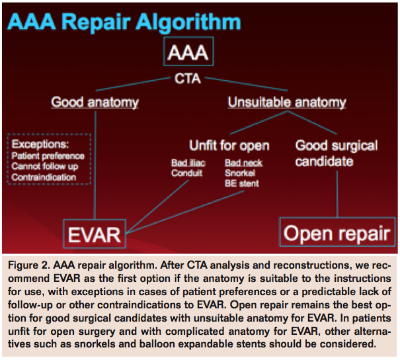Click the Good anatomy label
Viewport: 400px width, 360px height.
pos(95,103)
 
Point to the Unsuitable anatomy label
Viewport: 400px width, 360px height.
pos(286,103)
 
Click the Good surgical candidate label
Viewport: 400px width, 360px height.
pos(336,153)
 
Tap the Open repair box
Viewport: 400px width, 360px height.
pos(336,233)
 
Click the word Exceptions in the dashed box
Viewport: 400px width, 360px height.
pos(43,144)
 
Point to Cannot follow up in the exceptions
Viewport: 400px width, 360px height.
pos(46,167)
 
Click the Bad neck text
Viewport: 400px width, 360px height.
pos(243,163)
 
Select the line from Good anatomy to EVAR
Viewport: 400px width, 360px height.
pos(95,165)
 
